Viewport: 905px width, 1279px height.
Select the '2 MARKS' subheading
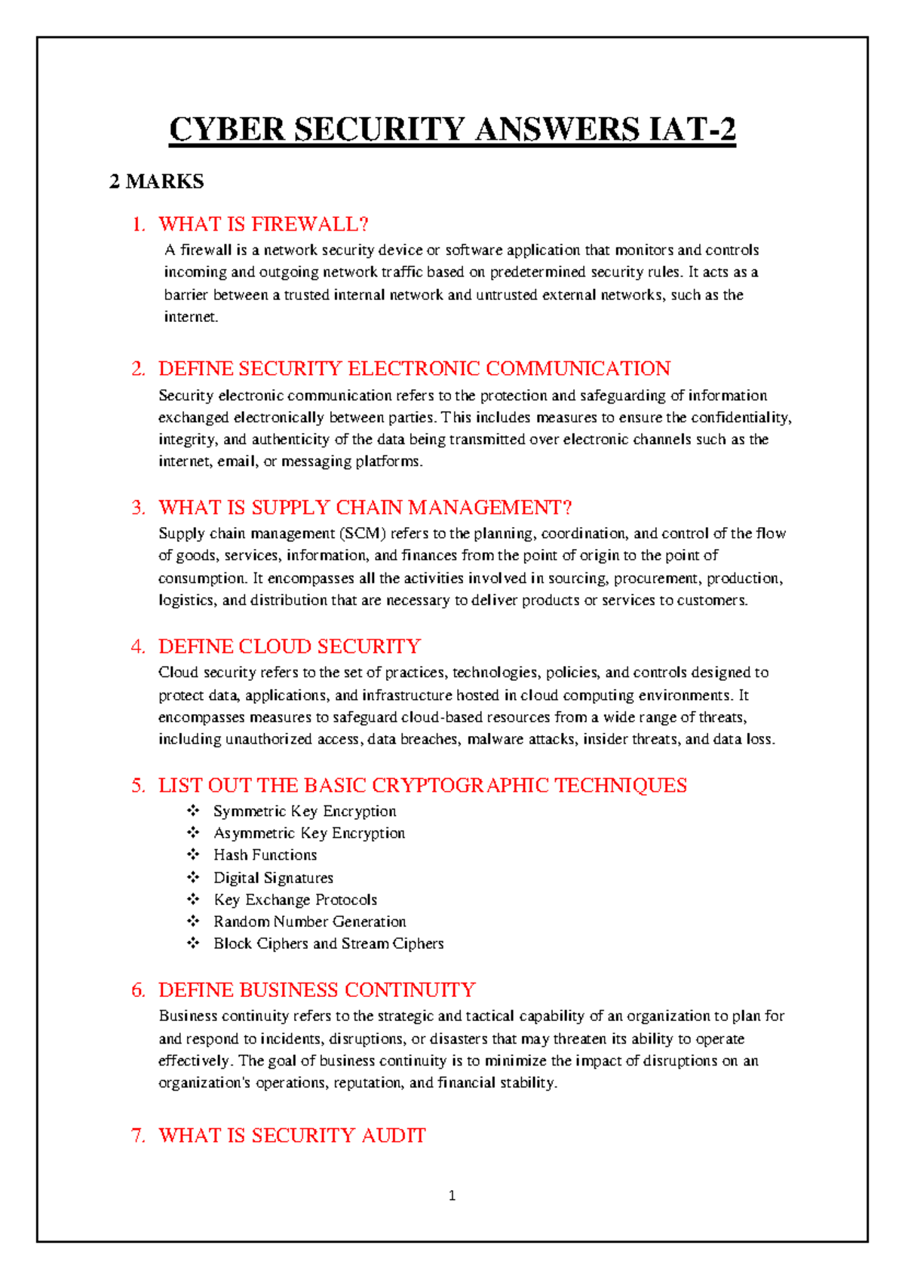click(x=156, y=182)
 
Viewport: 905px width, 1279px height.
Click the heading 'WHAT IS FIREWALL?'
click(x=263, y=224)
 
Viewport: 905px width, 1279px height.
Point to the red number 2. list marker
click(x=138, y=369)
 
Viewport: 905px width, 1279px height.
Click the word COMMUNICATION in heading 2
click(x=578, y=369)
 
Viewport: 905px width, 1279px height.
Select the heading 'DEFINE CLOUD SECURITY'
click(x=289, y=646)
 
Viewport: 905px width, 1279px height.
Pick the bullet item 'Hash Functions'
click(x=265, y=855)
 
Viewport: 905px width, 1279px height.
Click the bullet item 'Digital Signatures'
click(x=273, y=878)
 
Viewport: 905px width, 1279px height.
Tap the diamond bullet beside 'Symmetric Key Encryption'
click(x=194, y=811)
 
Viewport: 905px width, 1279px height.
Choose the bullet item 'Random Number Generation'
click(x=309, y=922)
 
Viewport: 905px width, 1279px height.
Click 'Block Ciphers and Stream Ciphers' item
click(x=328, y=943)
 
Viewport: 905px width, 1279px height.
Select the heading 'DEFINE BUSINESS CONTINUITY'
click(x=317, y=989)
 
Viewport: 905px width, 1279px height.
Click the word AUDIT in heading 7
click(x=393, y=1135)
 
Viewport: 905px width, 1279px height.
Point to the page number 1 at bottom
click(x=452, y=1195)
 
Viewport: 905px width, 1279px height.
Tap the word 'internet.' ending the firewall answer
click(x=191, y=317)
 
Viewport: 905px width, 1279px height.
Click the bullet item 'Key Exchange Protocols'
click(x=295, y=900)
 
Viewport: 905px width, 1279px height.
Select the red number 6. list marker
click(x=138, y=990)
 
